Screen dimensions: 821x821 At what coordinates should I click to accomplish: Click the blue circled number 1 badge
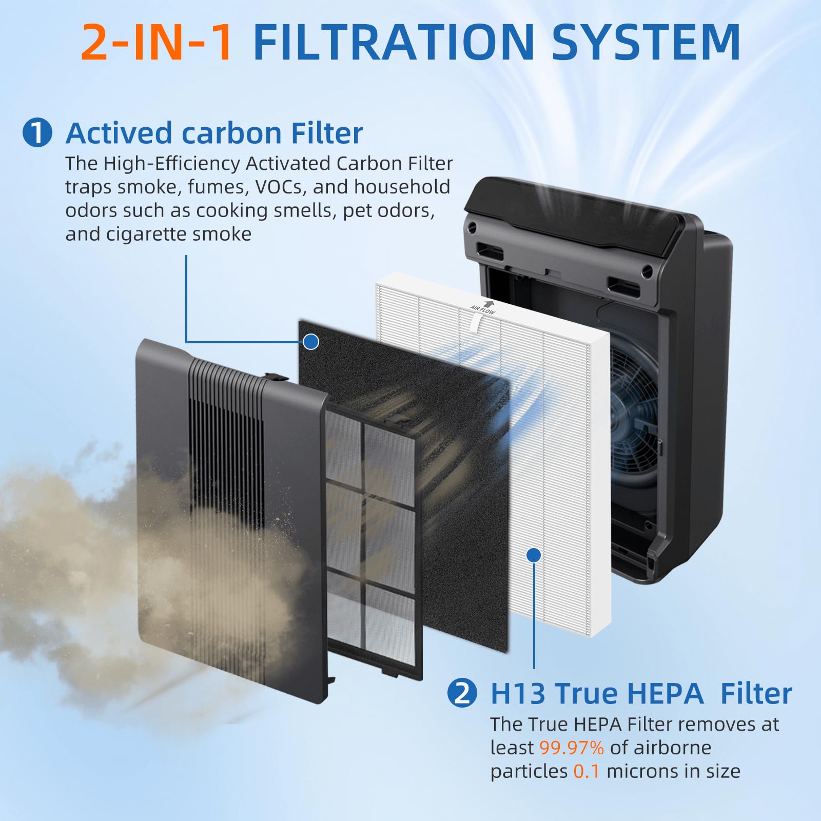click(x=37, y=133)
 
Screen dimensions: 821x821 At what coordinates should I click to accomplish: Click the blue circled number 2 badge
click(x=462, y=693)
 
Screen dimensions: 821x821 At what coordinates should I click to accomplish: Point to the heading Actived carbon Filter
click(x=214, y=133)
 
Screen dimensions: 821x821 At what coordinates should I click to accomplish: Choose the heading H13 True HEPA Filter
click(x=641, y=694)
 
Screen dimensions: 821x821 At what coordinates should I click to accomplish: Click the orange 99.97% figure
click(x=571, y=748)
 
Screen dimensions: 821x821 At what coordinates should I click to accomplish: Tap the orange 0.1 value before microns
click(x=586, y=771)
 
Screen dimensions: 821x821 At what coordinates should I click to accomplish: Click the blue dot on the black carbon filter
click(x=311, y=342)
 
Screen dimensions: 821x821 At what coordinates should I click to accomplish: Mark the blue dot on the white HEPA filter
click(x=534, y=555)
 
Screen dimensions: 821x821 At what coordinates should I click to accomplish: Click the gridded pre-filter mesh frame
click(x=372, y=539)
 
